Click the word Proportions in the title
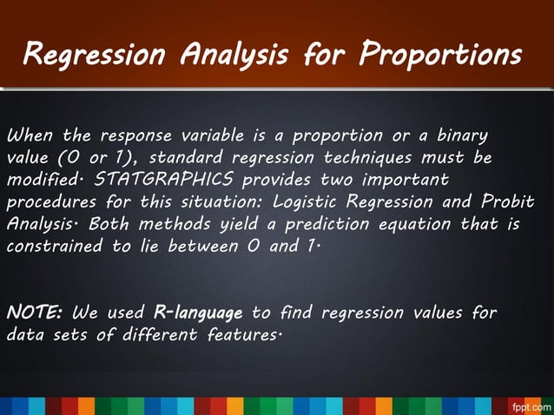(x=441, y=56)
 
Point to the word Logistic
(x=303, y=201)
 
